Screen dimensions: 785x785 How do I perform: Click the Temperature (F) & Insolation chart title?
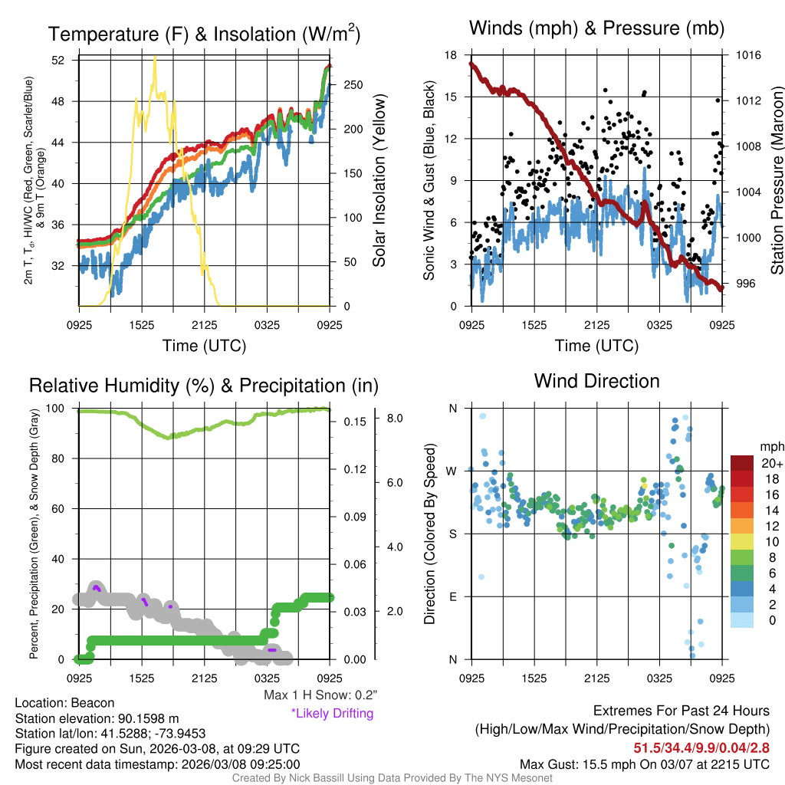pyautogui.click(x=204, y=34)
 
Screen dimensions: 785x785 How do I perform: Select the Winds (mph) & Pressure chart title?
pyautogui.click(x=596, y=29)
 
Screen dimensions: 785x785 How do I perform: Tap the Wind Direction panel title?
pyautogui.click(x=596, y=381)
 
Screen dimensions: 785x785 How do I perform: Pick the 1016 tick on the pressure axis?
pyautogui.click(x=747, y=55)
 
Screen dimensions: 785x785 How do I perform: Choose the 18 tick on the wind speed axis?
pyautogui.click(x=451, y=55)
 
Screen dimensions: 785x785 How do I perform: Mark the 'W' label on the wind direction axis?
pyautogui.click(x=452, y=471)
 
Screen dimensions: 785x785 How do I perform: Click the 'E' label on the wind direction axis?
pyautogui.click(x=453, y=596)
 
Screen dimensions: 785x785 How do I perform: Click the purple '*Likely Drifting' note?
pyautogui.click(x=332, y=714)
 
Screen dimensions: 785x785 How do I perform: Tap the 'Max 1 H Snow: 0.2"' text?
pyautogui.click(x=320, y=695)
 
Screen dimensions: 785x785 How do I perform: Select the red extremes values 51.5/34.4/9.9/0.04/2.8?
pyautogui.click(x=701, y=747)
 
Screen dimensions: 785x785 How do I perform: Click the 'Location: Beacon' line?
pyautogui.click(x=64, y=703)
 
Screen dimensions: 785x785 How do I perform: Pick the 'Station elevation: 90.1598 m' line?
pyautogui.click(x=97, y=718)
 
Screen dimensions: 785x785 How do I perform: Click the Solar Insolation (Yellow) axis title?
pyautogui.click(x=379, y=181)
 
